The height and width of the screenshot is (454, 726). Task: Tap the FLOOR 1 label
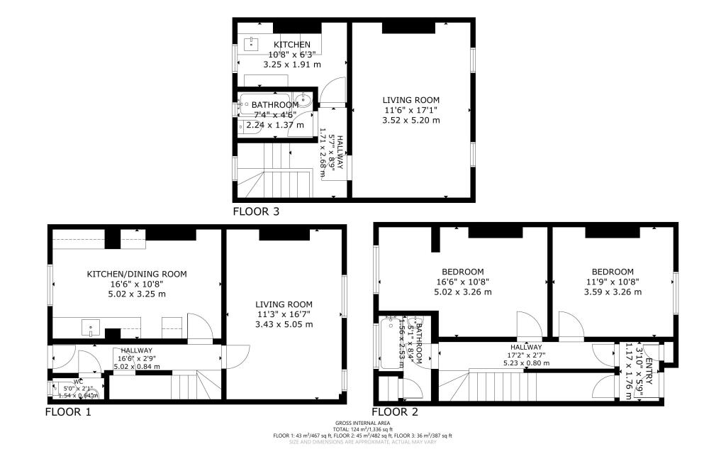click(x=68, y=411)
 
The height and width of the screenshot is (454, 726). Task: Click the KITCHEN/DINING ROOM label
click(x=137, y=274)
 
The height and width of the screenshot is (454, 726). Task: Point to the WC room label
click(x=69, y=381)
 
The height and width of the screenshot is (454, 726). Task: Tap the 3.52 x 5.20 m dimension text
click(x=411, y=121)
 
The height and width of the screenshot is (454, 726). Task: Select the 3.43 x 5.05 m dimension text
click(x=284, y=324)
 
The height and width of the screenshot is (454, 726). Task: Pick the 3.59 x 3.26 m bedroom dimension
click(x=613, y=290)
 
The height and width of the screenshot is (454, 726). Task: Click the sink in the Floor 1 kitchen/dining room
click(x=91, y=328)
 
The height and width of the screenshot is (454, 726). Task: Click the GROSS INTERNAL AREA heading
click(x=362, y=423)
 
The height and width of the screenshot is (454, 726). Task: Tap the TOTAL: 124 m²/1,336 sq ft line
click(x=362, y=429)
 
